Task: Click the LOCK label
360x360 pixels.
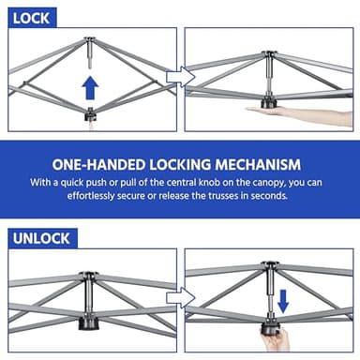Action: [31, 16]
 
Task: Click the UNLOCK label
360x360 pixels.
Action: [40, 238]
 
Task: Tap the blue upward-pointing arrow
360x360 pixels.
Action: [90, 87]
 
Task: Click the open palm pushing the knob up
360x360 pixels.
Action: [281, 112]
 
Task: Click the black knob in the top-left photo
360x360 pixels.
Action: [90, 114]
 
